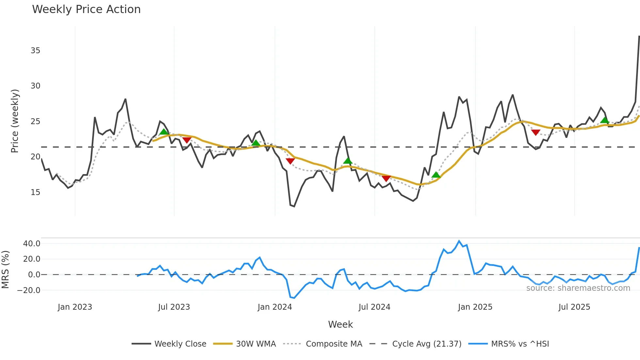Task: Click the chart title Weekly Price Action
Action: click(x=86, y=9)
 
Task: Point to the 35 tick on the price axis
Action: click(x=36, y=51)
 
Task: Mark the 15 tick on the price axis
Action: click(x=36, y=192)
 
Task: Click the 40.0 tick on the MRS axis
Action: click(x=32, y=244)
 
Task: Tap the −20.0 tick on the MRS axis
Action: click(x=29, y=290)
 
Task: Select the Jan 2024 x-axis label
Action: click(x=275, y=307)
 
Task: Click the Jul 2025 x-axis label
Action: click(x=574, y=307)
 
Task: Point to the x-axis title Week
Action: click(x=340, y=324)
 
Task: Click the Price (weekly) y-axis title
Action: click(x=15, y=121)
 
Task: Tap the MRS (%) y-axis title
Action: click(x=5, y=270)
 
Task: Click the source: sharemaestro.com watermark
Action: click(x=578, y=288)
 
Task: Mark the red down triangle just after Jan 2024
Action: click(x=290, y=161)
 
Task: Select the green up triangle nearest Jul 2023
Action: click(x=164, y=132)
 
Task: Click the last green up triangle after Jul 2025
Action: click(x=604, y=120)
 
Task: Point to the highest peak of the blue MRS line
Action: click(x=459, y=241)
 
